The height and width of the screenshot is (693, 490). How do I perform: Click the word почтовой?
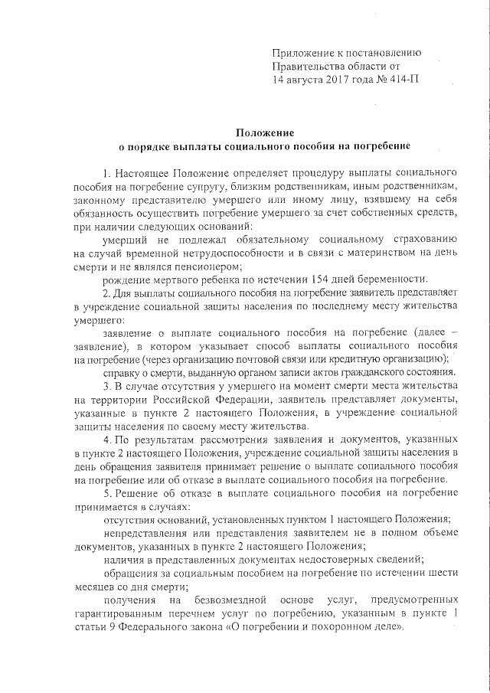pyautogui.click(x=276, y=359)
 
